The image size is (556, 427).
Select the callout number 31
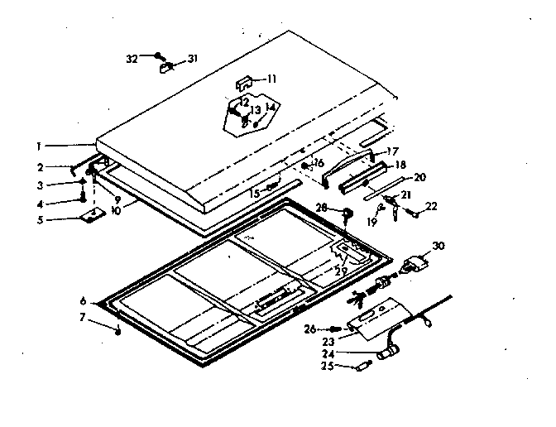coord(193,59)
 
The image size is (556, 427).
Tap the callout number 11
coord(271,79)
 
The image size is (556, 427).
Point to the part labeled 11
coord(246,84)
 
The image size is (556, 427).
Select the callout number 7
coord(83,318)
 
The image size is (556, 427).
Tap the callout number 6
coord(83,300)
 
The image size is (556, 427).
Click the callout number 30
coord(439,246)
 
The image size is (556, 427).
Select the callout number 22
coord(431,206)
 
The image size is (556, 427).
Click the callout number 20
coord(419,176)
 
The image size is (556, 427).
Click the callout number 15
coord(255,192)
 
